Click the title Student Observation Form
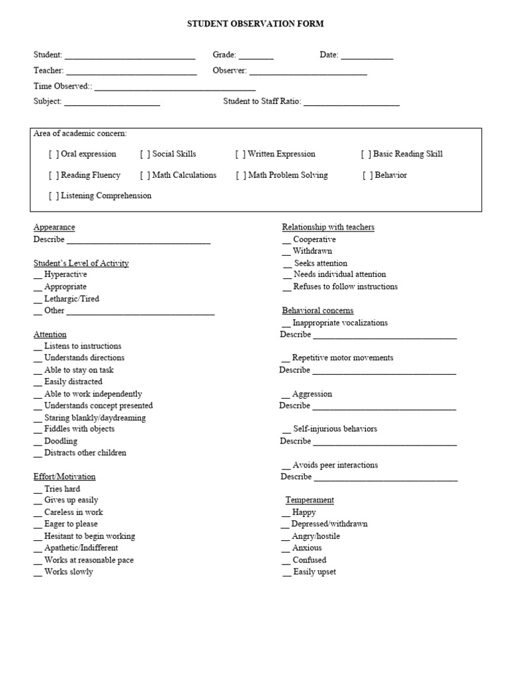(x=255, y=24)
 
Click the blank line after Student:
(x=130, y=56)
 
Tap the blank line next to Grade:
(x=256, y=56)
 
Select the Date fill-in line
(x=367, y=56)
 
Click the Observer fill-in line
(x=308, y=71)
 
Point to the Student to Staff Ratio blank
(x=351, y=102)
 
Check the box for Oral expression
(x=54, y=155)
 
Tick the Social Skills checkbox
(x=146, y=155)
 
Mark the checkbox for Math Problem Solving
(x=241, y=176)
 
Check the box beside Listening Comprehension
(x=54, y=196)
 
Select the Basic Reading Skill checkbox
(x=366, y=155)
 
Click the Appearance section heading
(x=54, y=227)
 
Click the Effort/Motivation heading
(x=64, y=477)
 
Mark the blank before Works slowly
(x=38, y=573)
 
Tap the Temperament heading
(x=310, y=500)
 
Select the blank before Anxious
(x=286, y=549)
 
